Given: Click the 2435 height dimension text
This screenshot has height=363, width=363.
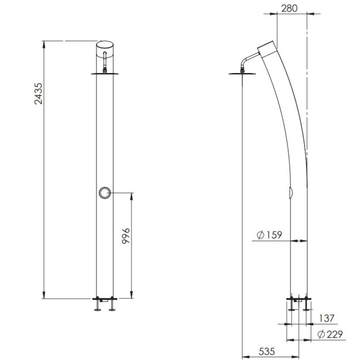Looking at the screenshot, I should (x=39, y=93).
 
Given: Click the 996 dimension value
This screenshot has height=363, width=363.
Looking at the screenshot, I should (x=127, y=236).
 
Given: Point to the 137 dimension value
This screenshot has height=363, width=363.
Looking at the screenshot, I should (x=326, y=319).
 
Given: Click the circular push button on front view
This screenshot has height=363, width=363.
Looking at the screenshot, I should (x=104, y=193).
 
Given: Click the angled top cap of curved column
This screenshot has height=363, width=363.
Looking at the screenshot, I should (x=267, y=49).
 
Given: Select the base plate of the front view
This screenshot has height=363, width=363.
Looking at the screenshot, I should (x=105, y=298).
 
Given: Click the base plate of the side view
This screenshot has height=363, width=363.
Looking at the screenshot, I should (x=299, y=298).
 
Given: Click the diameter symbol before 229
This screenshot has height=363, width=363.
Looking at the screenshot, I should (x=321, y=335).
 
